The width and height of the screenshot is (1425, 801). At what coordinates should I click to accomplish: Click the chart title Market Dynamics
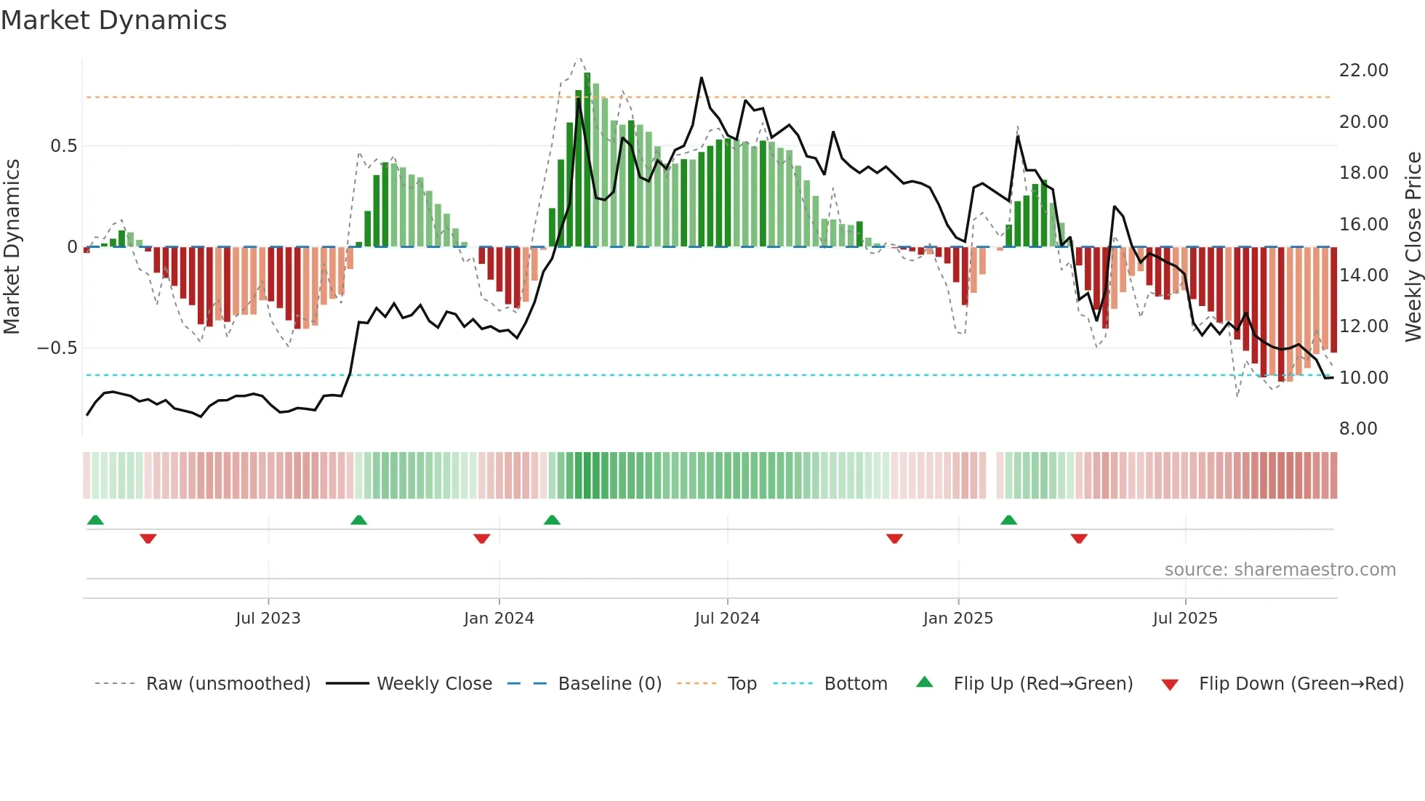(113, 20)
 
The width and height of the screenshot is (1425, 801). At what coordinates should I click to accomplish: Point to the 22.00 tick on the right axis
(1363, 71)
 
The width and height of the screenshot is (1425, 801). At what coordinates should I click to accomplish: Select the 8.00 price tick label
(1358, 429)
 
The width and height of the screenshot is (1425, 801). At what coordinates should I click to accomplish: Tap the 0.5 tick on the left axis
(63, 146)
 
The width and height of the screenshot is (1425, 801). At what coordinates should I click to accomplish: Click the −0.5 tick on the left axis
(57, 348)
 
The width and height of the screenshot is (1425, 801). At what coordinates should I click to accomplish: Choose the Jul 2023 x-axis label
(268, 619)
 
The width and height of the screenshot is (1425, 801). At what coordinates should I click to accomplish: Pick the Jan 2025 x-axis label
(958, 619)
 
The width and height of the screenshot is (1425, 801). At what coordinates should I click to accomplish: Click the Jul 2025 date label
(1184, 619)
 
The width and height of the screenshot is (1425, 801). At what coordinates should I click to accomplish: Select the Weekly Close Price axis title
(1413, 247)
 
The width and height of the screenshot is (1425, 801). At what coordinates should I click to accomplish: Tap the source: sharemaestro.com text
(1280, 570)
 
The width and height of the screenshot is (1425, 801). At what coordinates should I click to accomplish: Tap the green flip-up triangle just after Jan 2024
(552, 520)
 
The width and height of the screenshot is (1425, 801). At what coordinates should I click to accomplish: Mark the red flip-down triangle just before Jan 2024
(481, 539)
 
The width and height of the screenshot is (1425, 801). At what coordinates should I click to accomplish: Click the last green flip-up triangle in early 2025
(1008, 520)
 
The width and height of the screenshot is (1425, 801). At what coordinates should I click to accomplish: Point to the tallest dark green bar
(587, 160)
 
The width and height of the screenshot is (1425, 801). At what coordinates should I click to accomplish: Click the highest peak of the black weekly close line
(702, 78)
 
